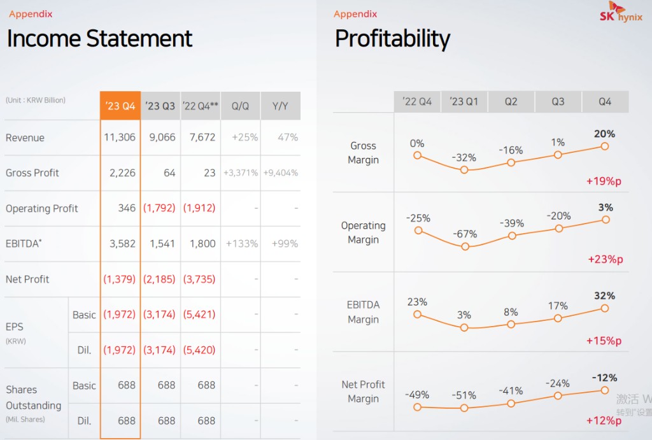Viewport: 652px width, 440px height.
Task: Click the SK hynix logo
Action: (x=620, y=13)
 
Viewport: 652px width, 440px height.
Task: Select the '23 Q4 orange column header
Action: (x=120, y=106)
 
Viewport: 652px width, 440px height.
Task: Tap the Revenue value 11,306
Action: (x=120, y=138)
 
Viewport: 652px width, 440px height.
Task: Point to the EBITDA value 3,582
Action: (x=120, y=244)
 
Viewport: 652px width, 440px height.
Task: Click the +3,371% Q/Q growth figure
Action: (x=240, y=173)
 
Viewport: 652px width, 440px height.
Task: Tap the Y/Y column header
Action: (x=280, y=106)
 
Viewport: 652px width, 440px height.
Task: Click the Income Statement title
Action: (x=99, y=39)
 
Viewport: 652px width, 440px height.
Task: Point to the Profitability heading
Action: (x=392, y=39)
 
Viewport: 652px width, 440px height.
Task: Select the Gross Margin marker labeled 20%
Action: (x=605, y=146)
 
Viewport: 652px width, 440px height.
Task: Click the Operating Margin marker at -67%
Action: (x=465, y=246)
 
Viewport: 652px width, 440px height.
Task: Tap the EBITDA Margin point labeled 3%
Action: (x=464, y=327)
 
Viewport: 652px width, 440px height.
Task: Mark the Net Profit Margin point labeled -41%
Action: (x=511, y=403)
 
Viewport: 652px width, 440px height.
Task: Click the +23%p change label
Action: (x=605, y=259)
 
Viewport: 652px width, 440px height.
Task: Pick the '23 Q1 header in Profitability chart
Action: (x=464, y=102)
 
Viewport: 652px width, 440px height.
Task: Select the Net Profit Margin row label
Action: (x=363, y=392)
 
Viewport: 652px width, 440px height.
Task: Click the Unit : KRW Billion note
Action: (x=36, y=100)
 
